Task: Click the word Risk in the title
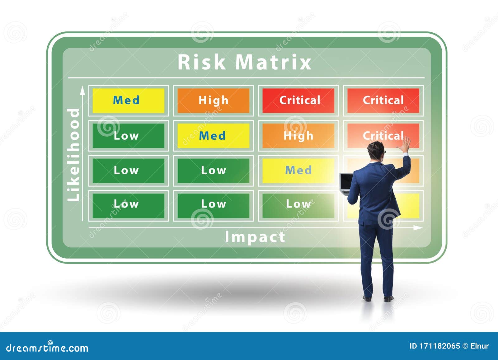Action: (x=201, y=62)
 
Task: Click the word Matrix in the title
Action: (x=273, y=62)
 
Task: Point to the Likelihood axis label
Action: (x=74, y=155)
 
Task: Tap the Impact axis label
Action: (x=255, y=237)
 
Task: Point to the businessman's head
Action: (x=376, y=151)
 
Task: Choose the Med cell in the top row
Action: (x=128, y=101)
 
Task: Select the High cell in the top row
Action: (x=213, y=101)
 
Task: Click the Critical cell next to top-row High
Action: (x=298, y=101)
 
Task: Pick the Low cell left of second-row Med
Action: (x=128, y=136)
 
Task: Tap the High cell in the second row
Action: (x=298, y=136)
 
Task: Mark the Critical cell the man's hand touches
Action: (x=383, y=136)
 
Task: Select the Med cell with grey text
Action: (x=298, y=171)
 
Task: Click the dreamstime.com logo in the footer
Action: (x=47, y=348)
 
